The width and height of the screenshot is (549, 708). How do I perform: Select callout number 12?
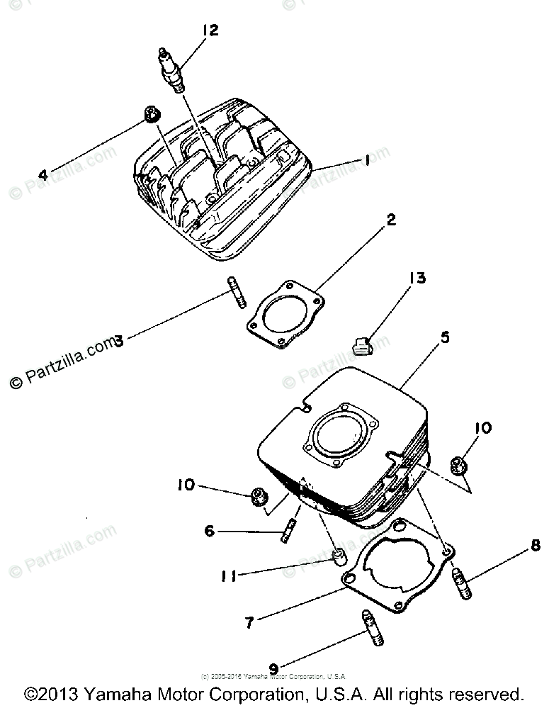coord(210,30)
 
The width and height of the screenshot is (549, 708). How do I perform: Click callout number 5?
coord(445,338)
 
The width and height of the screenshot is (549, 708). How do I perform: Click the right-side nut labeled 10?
coord(458,465)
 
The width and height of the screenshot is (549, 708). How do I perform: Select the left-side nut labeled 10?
coord(260,498)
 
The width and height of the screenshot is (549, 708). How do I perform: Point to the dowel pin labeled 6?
coord(289,532)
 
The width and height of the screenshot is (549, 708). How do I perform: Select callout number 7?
coord(249,623)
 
